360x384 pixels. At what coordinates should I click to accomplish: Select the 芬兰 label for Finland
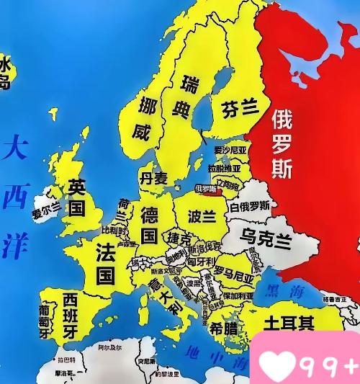pyautogui.click(x=240, y=108)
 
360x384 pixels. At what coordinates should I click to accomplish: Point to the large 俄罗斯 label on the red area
pyautogui.click(x=282, y=145)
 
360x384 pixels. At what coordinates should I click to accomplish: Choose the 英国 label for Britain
pyautogui.click(x=76, y=197)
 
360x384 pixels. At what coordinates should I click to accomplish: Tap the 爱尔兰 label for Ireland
pyautogui.click(x=46, y=213)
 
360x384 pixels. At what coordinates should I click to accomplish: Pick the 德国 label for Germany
pyautogui.click(x=149, y=224)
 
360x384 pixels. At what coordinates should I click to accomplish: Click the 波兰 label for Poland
pyautogui.click(x=202, y=215)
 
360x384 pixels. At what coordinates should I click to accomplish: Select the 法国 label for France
pyautogui.click(x=106, y=263)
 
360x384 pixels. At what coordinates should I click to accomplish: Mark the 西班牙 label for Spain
pyautogui.click(x=70, y=315)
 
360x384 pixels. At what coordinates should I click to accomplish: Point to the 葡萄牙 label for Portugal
pyautogui.click(x=45, y=321)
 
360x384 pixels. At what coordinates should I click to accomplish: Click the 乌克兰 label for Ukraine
pyautogui.click(x=266, y=238)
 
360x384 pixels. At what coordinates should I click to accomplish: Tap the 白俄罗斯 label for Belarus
pyautogui.click(x=250, y=206)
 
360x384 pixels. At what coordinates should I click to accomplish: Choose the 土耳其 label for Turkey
pyautogui.click(x=288, y=322)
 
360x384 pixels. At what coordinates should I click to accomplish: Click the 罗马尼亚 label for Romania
pyautogui.click(x=234, y=272)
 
